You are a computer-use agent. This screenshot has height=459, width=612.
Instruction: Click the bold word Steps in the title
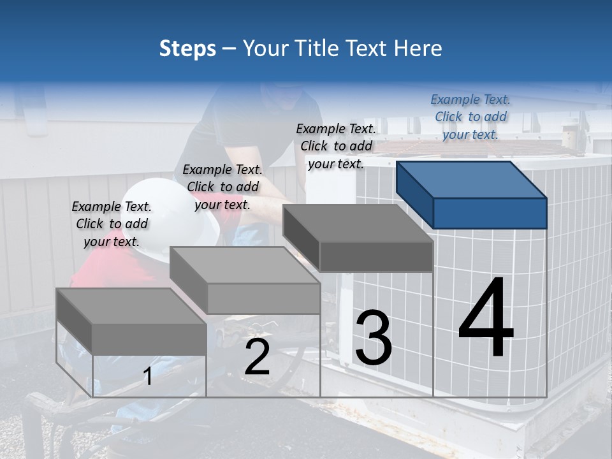tap(187, 48)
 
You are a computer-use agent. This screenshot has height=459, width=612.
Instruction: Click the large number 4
tap(486, 319)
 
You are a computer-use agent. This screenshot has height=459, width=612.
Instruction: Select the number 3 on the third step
tap(374, 338)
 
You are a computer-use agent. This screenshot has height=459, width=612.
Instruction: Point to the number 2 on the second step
tap(257, 357)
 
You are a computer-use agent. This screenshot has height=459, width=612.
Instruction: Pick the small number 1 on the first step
tap(148, 377)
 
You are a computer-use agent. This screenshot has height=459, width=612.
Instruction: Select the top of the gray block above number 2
tap(245, 265)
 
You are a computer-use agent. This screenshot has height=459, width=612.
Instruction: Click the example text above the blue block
tap(470, 117)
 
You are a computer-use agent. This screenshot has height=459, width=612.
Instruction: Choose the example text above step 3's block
tap(336, 146)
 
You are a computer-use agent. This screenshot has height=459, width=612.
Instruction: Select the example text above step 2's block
tap(222, 187)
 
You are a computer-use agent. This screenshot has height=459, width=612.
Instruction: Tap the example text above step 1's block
tap(112, 224)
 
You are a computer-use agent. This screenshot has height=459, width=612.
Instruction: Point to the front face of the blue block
tap(490, 213)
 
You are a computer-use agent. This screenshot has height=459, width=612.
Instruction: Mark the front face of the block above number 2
tap(264, 298)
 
